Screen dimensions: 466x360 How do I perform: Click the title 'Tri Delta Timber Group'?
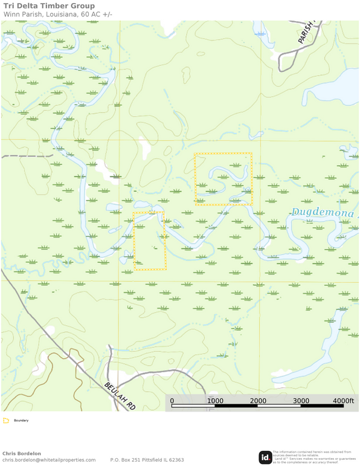click(x=49, y=6)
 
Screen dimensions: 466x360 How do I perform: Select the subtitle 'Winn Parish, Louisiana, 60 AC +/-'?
click(x=58, y=15)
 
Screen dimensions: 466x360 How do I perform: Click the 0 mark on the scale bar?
click(x=172, y=401)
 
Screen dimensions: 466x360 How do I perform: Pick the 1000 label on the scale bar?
click(x=215, y=401)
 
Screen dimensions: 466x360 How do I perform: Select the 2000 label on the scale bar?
click(x=258, y=401)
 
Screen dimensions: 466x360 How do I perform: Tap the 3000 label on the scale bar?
click(x=301, y=401)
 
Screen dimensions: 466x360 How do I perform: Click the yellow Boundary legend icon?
click(x=6, y=420)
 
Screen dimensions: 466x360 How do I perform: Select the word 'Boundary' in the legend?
click(x=21, y=420)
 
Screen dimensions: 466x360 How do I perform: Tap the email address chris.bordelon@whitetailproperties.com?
click(x=49, y=460)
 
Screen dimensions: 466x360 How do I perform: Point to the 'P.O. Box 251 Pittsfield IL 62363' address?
click(x=147, y=460)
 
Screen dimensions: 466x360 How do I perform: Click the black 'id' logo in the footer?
click(x=265, y=457)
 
